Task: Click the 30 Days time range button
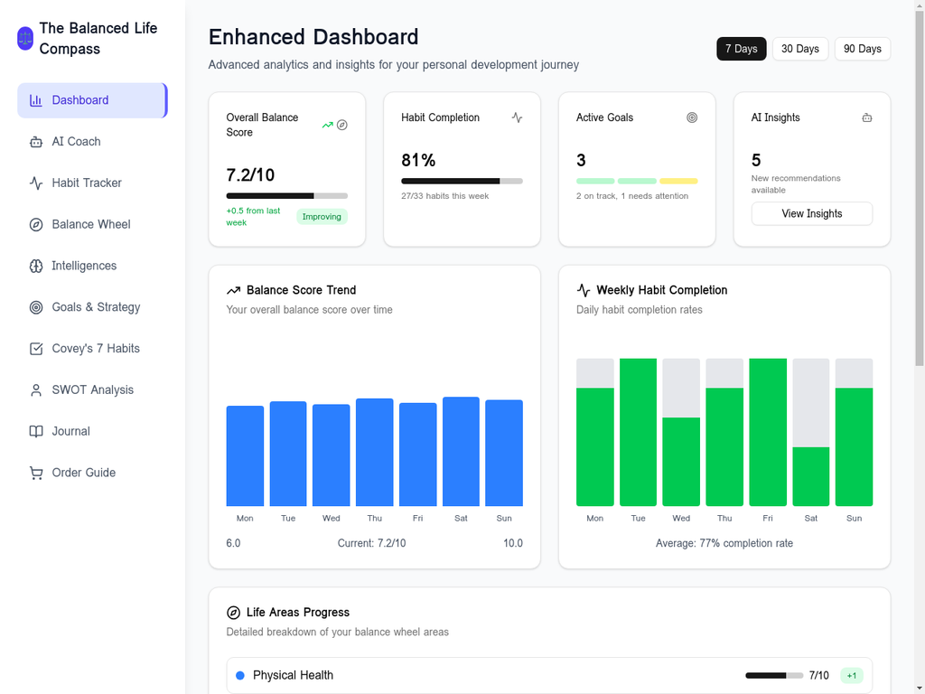(x=799, y=49)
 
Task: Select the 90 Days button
(x=862, y=49)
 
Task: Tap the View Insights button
(x=811, y=213)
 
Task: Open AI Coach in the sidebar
(x=76, y=142)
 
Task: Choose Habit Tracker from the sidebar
(x=87, y=183)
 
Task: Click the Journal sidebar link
(x=70, y=431)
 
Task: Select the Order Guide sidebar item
(x=83, y=473)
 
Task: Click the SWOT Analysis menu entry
(x=92, y=389)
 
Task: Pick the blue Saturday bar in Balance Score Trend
(x=461, y=452)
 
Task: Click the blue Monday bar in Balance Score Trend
(x=245, y=456)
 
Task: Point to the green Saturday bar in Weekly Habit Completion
(x=810, y=476)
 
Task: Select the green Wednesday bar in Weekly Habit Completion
(x=681, y=462)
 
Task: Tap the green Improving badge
(x=322, y=217)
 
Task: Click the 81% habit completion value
(x=418, y=160)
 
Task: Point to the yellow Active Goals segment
(x=678, y=181)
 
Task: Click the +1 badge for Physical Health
(x=851, y=675)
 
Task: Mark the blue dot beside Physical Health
(x=240, y=675)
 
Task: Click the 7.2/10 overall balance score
(x=250, y=174)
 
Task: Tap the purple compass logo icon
(x=25, y=39)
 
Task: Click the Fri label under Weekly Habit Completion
(x=768, y=518)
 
